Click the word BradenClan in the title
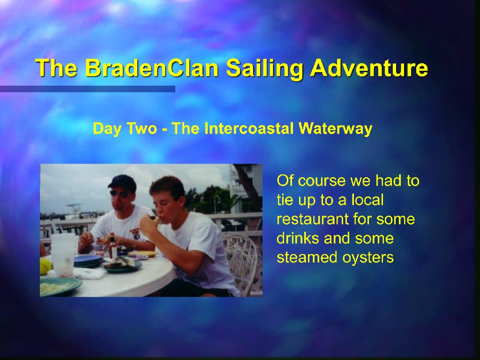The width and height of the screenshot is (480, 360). (151, 67)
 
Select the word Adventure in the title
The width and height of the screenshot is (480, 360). (369, 67)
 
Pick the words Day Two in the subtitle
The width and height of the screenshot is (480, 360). (125, 128)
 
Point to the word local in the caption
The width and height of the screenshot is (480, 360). (367, 200)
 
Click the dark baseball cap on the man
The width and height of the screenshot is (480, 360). (122, 183)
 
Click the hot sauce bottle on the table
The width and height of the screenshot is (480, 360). (113, 246)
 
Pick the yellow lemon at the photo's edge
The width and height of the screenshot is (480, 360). (45, 266)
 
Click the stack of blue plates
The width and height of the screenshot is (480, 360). (87, 261)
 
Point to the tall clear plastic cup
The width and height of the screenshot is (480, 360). (63, 255)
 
